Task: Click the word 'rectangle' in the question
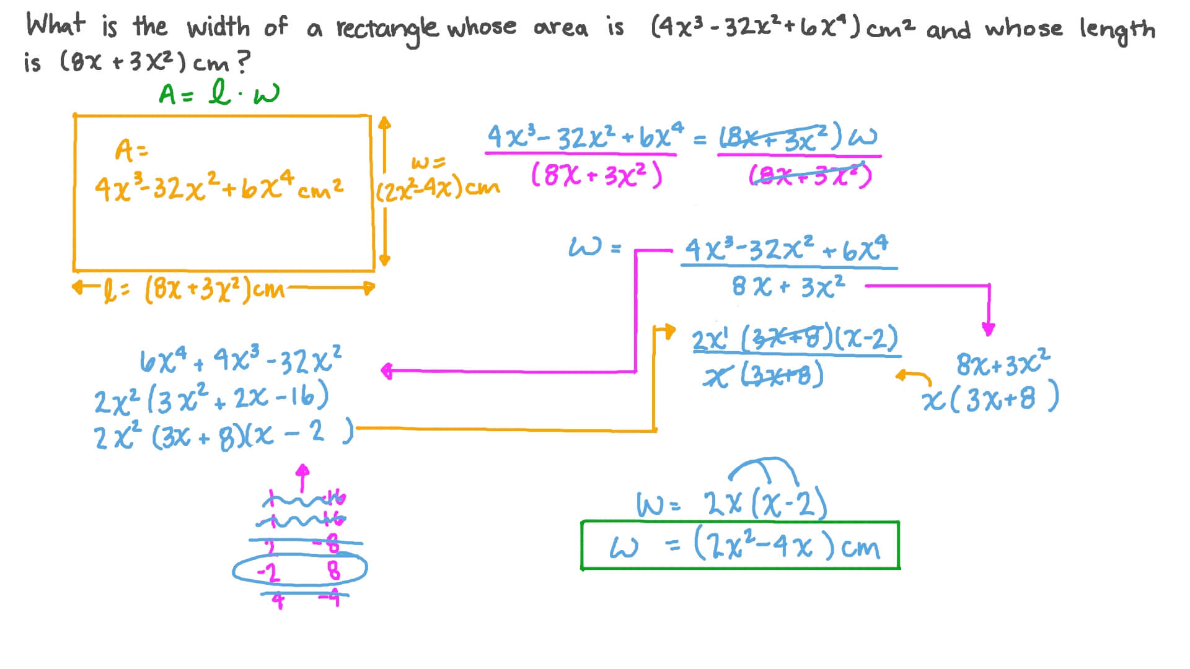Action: click(x=387, y=28)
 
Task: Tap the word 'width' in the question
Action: click(x=218, y=27)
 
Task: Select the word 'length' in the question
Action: click(x=1117, y=30)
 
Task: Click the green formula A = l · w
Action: click(x=219, y=94)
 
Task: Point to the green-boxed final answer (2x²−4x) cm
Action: click(x=741, y=546)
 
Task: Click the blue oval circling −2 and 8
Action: click(x=300, y=569)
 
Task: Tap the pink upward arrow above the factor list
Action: click(x=302, y=478)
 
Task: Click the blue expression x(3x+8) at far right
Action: click(x=990, y=400)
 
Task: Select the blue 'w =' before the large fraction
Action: click(x=594, y=248)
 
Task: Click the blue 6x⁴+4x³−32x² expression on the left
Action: click(x=240, y=361)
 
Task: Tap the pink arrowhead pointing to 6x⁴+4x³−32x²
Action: click(x=387, y=371)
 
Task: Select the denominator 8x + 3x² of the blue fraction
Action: click(x=788, y=287)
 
